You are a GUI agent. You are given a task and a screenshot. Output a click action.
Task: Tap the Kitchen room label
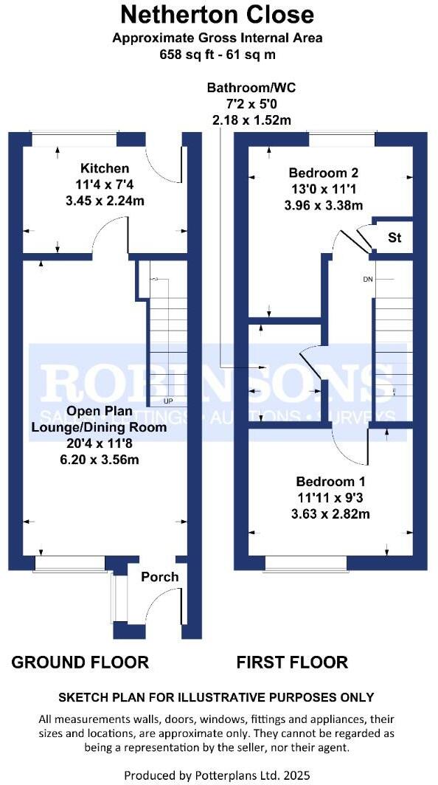pos(105,169)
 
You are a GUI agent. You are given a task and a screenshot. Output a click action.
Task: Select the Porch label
pos(160,576)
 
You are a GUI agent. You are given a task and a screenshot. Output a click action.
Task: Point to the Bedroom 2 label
pos(323,173)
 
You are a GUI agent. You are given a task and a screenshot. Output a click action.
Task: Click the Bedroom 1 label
pos(323,483)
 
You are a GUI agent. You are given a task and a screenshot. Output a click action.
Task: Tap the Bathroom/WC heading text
pos(251,88)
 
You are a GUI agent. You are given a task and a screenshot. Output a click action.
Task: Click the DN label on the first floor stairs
pos(369,280)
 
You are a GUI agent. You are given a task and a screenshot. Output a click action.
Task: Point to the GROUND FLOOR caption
pos(80,662)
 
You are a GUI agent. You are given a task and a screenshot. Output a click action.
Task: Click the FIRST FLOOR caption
pos(292,662)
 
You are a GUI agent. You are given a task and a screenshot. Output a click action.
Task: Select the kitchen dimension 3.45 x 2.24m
pos(105,198)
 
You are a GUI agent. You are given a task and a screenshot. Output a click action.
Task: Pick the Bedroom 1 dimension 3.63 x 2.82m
pos(323,514)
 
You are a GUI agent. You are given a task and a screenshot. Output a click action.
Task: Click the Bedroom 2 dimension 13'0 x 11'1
pos(323,190)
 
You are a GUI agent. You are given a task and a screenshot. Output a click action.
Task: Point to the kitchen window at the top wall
pos(74,139)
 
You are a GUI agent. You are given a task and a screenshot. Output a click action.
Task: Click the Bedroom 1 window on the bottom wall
pos(305,564)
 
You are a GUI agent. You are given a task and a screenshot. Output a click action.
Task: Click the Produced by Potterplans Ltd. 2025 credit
pos(218,775)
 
